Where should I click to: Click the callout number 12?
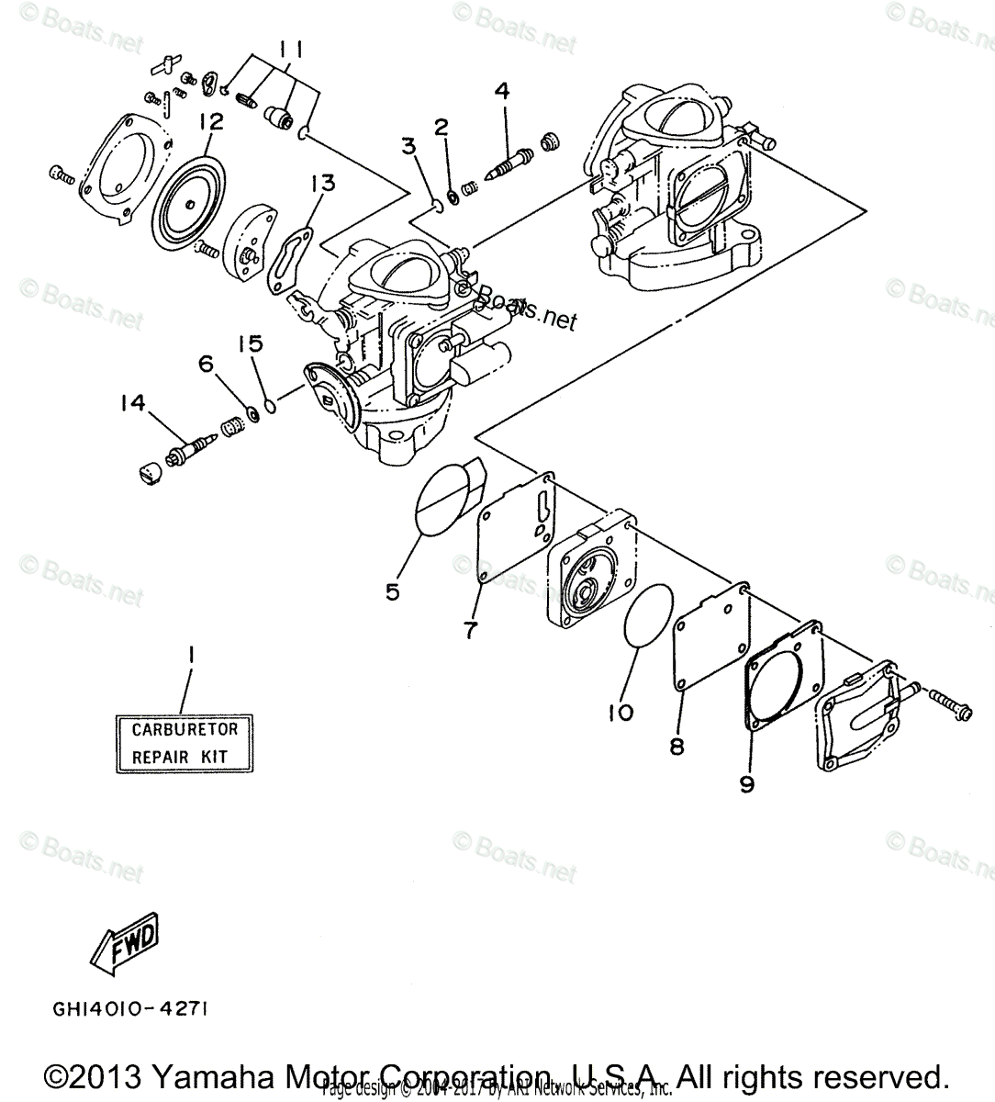210,119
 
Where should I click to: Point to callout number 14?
134,402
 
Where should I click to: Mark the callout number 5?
393,592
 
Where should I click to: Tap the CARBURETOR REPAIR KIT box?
185,743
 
